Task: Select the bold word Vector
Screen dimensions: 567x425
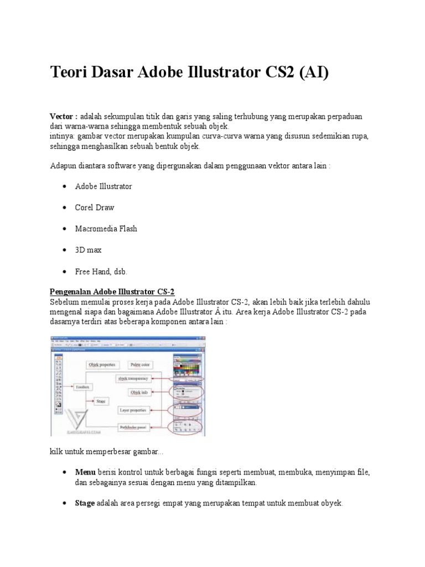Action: pyautogui.click(x=61, y=117)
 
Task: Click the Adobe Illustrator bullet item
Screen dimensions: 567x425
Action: pyautogui.click(x=103, y=187)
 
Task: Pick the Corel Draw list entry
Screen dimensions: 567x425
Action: pyautogui.click(x=95, y=208)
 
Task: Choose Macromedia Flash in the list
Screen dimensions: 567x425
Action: pyautogui.click(x=106, y=229)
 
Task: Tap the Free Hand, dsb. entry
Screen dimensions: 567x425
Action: pyautogui.click(x=101, y=271)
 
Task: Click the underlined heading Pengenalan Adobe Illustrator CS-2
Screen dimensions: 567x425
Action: pyautogui.click(x=112, y=292)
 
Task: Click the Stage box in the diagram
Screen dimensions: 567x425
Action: pyautogui.click(x=101, y=400)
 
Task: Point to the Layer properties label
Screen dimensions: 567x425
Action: pyautogui.click(x=133, y=410)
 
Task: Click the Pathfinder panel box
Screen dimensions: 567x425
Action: pyautogui.click(x=133, y=427)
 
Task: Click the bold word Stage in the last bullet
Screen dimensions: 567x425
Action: pyautogui.click(x=85, y=503)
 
